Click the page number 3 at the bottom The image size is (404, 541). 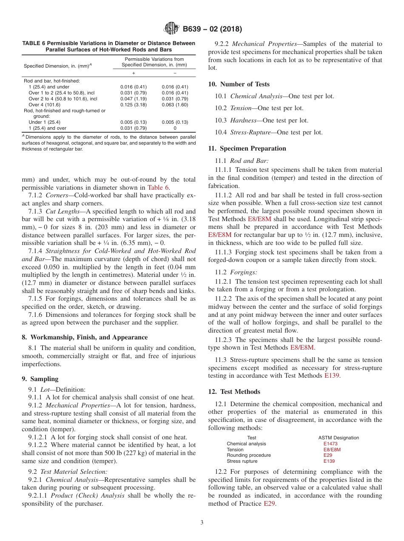click(x=202, y=522)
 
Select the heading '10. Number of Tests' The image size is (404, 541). click(x=239, y=84)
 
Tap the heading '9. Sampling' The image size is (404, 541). click(x=40, y=379)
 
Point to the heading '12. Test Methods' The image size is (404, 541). click(x=234, y=392)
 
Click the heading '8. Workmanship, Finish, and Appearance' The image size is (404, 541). click(x=85, y=337)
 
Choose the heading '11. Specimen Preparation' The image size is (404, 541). click(x=247, y=148)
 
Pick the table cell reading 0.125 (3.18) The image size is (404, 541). click(x=133, y=105)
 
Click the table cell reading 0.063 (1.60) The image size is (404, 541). click(x=175, y=105)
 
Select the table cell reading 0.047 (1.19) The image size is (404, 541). click(x=133, y=99)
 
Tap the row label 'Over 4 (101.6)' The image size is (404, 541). click(x=44, y=105)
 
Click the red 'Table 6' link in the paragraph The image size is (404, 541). click(x=158, y=187)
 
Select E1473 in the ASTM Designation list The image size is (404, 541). click(x=330, y=444)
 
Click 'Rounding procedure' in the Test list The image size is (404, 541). click(x=248, y=455)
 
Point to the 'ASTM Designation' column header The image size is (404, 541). click(x=338, y=438)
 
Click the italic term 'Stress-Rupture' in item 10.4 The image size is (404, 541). click(x=250, y=132)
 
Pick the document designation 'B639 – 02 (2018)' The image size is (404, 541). click(x=212, y=29)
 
